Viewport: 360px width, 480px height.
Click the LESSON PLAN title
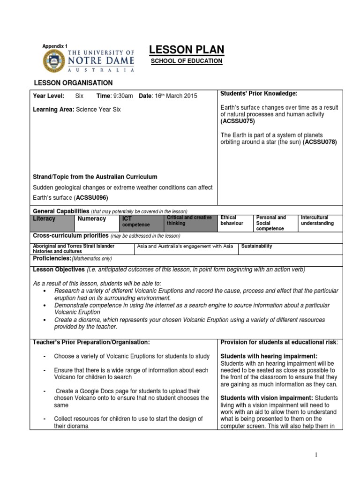tap(186, 50)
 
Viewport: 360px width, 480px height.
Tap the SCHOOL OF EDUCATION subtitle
tap(186, 61)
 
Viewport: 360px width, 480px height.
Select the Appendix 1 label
tap(55, 46)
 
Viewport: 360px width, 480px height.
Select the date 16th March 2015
tap(167, 96)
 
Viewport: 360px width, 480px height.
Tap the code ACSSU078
tap(320, 142)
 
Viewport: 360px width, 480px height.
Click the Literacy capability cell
tap(44, 219)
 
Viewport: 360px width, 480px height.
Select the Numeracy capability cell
tap(92, 219)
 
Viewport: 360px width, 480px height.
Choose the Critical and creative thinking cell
tap(190, 221)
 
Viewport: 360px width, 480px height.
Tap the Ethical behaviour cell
tap(232, 221)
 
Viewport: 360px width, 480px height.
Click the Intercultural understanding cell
tap(317, 221)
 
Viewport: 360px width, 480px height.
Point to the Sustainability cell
tap(257, 246)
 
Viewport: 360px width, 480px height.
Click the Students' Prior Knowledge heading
tap(259, 94)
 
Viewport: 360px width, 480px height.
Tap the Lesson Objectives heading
tap(59, 270)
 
